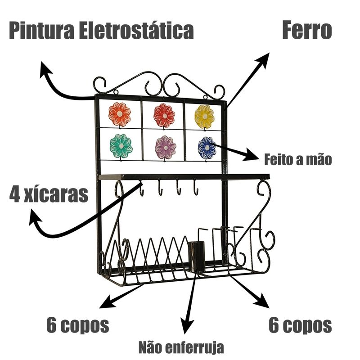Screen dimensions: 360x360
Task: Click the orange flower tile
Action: coord(120,114)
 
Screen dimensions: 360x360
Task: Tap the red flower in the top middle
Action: coord(164,116)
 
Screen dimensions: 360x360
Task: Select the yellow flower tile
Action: coord(204,116)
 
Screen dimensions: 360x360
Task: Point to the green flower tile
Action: coord(121,145)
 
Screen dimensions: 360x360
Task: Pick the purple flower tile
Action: coord(165,147)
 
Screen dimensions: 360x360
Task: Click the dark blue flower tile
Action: coord(207,147)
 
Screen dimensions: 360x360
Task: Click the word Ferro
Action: coord(307,31)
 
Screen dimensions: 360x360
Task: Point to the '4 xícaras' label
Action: coord(49,194)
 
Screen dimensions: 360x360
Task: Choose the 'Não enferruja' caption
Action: coord(180,347)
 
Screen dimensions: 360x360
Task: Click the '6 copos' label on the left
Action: coord(77,325)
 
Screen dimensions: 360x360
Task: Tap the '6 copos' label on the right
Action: coord(300,325)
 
